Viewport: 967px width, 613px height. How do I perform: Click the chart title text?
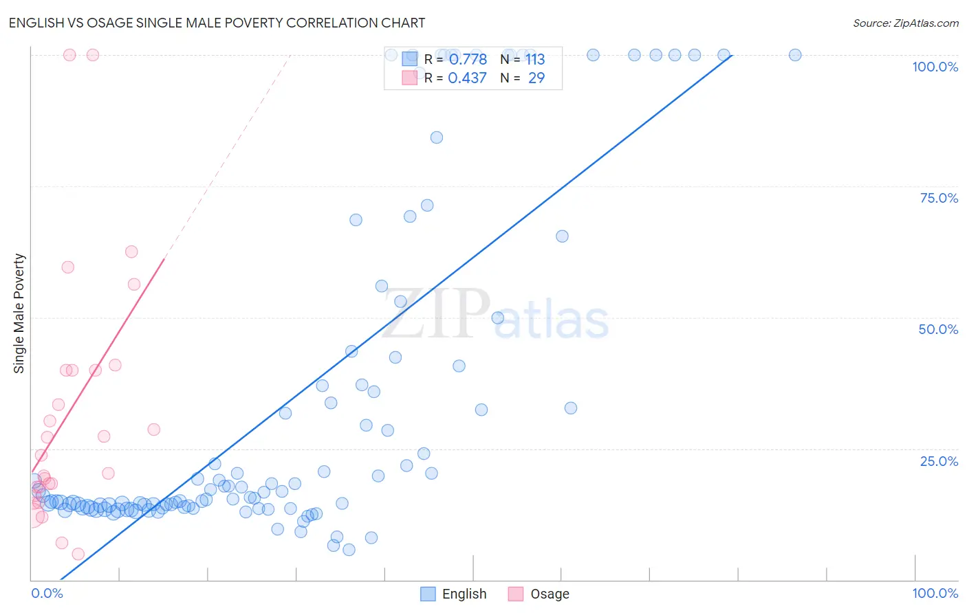[217, 23]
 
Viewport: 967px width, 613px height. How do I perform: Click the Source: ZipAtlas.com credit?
[905, 23]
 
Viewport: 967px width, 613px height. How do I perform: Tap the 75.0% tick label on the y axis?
[939, 198]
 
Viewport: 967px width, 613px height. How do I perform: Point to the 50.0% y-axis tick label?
[938, 329]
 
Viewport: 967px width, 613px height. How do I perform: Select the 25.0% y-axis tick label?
[939, 460]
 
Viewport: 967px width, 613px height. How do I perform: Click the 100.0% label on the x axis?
[935, 593]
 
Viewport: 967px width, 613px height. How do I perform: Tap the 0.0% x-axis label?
[47, 593]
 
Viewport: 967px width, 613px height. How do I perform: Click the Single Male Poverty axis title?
[19, 313]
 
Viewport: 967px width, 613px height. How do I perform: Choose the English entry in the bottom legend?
[464, 594]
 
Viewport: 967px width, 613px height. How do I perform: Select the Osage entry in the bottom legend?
[550, 594]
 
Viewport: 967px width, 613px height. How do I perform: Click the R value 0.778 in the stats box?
[467, 59]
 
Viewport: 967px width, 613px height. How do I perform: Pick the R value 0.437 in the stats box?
[467, 78]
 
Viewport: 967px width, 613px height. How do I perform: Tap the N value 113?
[535, 59]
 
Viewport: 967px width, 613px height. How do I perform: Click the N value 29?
[536, 78]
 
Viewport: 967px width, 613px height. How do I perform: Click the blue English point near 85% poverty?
[436, 137]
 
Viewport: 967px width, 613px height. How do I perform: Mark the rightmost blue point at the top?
[794, 55]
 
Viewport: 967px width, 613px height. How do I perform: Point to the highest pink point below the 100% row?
[131, 252]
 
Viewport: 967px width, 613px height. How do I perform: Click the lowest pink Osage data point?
[78, 554]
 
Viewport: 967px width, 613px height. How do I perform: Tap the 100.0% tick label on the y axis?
[935, 67]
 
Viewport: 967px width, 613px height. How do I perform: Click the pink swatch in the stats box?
[410, 78]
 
